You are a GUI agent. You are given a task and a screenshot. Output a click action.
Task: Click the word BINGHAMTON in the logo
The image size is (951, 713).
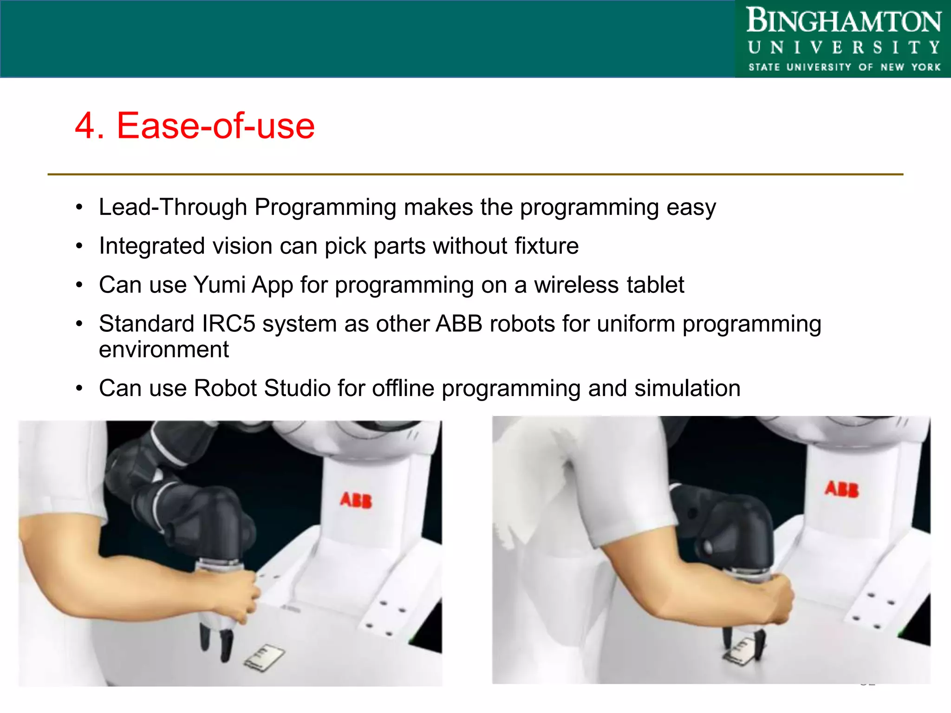pos(843,21)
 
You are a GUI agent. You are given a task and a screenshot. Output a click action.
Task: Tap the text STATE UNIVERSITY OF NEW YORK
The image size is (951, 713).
pos(844,67)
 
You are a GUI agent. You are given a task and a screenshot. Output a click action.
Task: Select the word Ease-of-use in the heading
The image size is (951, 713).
pos(215,126)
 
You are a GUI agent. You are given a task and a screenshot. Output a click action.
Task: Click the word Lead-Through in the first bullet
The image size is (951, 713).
pos(173,207)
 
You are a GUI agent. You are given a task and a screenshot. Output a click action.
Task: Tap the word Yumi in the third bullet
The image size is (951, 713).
pos(219,285)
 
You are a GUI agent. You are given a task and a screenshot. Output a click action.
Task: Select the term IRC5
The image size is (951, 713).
pos(228,324)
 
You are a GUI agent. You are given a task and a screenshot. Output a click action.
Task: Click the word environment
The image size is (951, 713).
pos(163,350)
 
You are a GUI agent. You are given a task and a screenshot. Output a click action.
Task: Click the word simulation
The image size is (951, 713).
pos(687,389)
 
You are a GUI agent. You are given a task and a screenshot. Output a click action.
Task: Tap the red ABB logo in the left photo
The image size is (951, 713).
pos(356,500)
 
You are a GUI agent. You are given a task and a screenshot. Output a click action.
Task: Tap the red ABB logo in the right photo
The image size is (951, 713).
pos(842,489)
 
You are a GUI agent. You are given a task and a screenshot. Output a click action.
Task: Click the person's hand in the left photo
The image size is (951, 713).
pos(239,596)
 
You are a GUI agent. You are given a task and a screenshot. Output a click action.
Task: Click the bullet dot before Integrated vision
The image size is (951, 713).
pos(79,246)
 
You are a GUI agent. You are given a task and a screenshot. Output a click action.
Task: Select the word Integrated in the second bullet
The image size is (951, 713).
pos(152,246)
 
